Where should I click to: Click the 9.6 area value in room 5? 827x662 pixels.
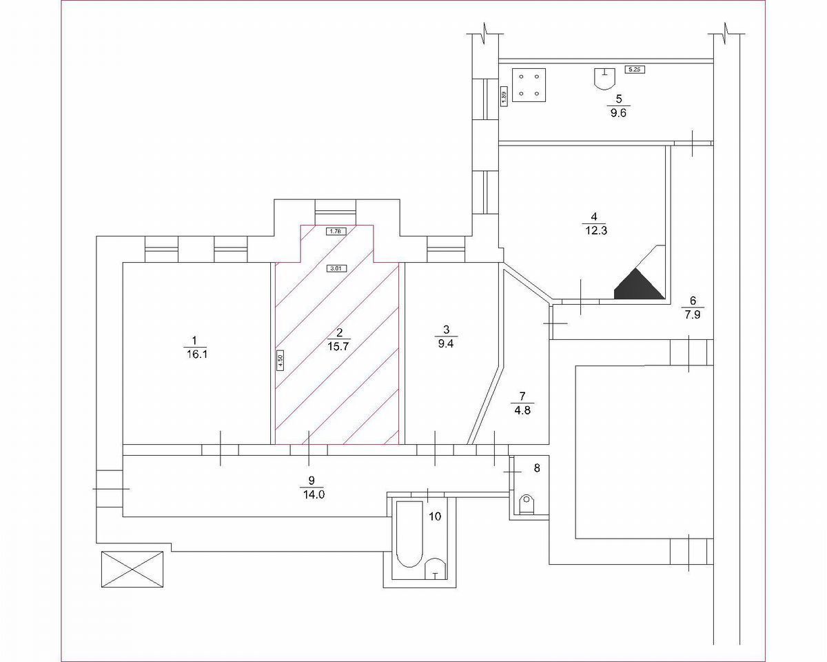click(x=618, y=114)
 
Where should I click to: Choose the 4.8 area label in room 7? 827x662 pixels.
click(x=522, y=409)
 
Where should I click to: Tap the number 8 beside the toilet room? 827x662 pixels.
click(x=537, y=468)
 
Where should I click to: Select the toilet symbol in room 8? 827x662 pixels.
click(x=527, y=503)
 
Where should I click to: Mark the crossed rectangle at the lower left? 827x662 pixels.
click(x=133, y=569)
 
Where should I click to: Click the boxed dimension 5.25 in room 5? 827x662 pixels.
click(x=634, y=69)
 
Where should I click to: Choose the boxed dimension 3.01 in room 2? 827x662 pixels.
click(x=336, y=268)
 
